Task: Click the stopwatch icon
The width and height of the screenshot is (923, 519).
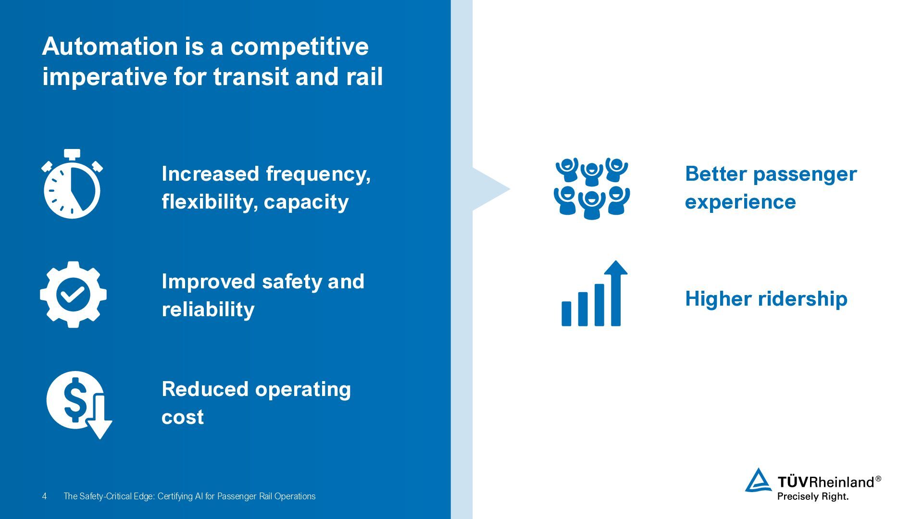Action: (72, 185)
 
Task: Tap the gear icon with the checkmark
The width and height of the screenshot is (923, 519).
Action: (73, 295)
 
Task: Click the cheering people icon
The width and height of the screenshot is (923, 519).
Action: (592, 188)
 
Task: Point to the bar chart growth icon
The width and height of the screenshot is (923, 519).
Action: (594, 294)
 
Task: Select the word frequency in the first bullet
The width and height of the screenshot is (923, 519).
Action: (318, 174)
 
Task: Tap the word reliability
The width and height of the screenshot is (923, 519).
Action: (208, 309)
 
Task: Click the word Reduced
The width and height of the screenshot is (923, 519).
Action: (204, 389)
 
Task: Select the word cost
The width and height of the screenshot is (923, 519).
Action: (182, 417)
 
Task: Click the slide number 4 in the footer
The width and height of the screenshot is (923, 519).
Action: (44, 496)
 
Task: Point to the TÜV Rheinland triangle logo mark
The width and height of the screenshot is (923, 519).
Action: (758, 481)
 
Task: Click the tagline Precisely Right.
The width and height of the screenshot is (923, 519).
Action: (812, 496)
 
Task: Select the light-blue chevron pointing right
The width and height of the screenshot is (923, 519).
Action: (490, 189)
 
